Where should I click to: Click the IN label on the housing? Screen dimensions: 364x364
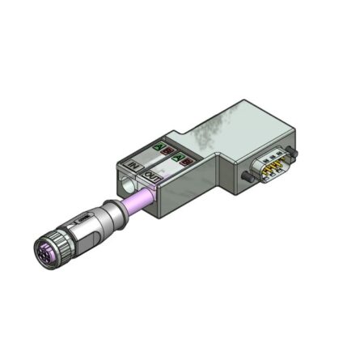coord(133,167)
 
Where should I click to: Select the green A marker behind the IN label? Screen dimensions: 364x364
coord(161,148)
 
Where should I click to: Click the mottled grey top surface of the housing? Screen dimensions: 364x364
coord(226,133)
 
